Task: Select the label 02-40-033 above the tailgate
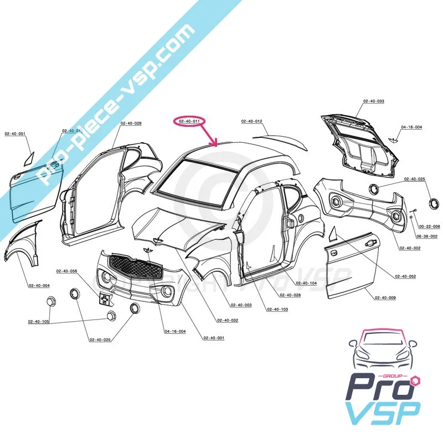(374, 101)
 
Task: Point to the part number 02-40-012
(251, 121)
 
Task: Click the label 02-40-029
(131, 123)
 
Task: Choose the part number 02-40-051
(16, 133)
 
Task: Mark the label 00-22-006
(429, 227)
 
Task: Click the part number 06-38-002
(427, 236)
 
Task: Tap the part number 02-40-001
(214, 338)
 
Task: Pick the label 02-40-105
(39, 321)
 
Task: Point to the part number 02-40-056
(66, 271)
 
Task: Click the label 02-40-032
(228, 321)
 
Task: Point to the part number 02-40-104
(306, 284)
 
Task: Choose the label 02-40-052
(406, 276)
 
